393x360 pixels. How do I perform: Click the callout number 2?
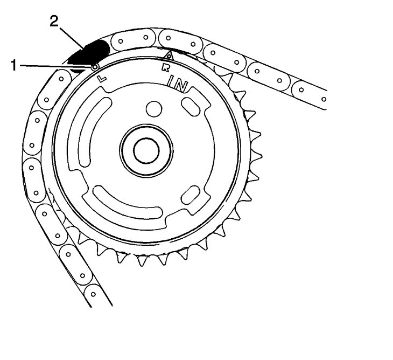(54, 21)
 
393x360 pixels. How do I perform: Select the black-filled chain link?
(88, 54)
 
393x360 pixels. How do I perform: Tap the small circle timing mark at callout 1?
(95, 67)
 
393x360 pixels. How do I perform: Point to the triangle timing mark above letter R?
(169, 56)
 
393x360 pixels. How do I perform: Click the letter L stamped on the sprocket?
(102, 79)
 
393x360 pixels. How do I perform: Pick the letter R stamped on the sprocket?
(165, 68)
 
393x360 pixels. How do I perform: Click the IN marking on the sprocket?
(178, 84)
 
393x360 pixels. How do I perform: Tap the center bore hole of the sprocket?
(146, 150)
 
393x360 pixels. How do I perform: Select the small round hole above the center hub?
(154, 109)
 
